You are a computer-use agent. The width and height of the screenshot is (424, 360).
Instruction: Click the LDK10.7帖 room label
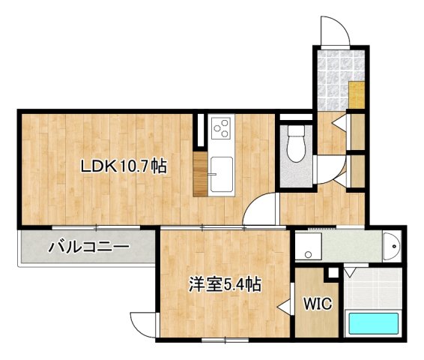124,167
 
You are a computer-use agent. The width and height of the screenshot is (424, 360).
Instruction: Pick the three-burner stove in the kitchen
221,129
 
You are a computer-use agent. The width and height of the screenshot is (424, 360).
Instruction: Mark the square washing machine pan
307,244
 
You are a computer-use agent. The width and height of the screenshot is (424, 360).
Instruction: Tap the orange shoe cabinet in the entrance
357,95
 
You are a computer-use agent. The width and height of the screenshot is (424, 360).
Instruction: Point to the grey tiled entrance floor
332,78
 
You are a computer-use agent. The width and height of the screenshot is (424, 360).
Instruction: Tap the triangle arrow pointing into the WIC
284,306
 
